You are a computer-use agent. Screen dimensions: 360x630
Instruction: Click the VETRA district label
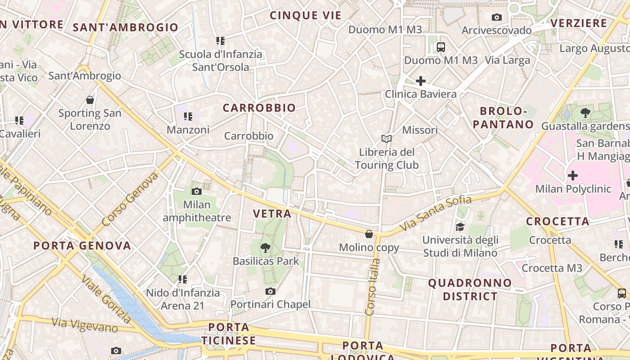click(272, 214)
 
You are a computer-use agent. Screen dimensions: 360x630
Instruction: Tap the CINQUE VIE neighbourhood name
click(306, 15)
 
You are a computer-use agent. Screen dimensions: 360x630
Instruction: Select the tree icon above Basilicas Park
click(265, 247)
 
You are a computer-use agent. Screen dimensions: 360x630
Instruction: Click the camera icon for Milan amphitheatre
click(197, 191)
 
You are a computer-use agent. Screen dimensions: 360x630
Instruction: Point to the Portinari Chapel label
click(270, 305)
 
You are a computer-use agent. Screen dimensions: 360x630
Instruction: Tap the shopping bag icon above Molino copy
click(369, 234)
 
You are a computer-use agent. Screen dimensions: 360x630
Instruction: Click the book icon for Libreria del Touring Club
click(387, 139)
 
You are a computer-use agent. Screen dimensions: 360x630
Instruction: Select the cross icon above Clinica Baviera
click(421, 81)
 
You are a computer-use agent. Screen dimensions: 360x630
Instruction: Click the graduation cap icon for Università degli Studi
click(460, 227)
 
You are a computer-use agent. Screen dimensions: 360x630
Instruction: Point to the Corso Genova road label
click(130, 199)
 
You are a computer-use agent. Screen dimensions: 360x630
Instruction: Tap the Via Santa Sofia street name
click(436, 213)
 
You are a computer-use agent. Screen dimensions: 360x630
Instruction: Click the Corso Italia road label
click(372, 286)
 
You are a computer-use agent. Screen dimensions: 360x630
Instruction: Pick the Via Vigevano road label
click(85, 325)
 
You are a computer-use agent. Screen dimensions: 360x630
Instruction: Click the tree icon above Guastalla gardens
click(585, 113)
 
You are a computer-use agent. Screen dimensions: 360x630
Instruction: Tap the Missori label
click(420, 130)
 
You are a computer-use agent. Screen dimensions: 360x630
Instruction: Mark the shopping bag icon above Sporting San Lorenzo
click(90, 100)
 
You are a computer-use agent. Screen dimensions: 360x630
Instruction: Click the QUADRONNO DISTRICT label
click(470, 289)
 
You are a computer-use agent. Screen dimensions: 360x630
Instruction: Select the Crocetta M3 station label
click(552, 268)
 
